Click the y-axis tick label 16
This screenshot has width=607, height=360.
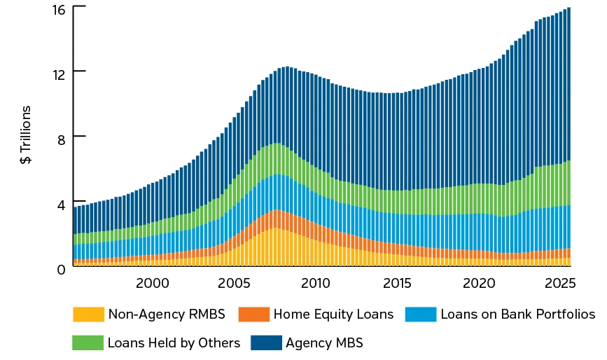click(x=58, y=10)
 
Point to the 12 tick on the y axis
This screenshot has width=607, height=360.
click(x=58, y=74)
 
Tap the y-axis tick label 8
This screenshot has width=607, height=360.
click(x=61, y=138)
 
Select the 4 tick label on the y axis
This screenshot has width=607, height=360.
click(x=61, y=204)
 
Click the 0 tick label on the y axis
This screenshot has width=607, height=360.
click(x=61, y=268)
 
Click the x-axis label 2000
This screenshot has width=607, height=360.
click(x=153, y=284)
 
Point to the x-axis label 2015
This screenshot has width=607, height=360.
click(x=397, y=284)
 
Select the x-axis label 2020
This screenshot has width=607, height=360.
click(x=479, y=284)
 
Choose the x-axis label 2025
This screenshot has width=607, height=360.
click(x=560, y=284)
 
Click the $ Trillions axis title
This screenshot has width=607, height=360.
click(x=26, y=134)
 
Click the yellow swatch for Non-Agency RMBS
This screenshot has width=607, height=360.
click(x=88, y=314)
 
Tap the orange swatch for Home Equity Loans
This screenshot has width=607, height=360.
click(x=254, y=314)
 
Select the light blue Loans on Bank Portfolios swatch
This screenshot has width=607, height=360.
click(x=421, y=314)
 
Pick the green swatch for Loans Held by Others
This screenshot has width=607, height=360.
click(x=88, y=342)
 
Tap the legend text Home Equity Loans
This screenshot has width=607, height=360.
click(x=334, y=314)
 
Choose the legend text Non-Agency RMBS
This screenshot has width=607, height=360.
click(x=167, y=314)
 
